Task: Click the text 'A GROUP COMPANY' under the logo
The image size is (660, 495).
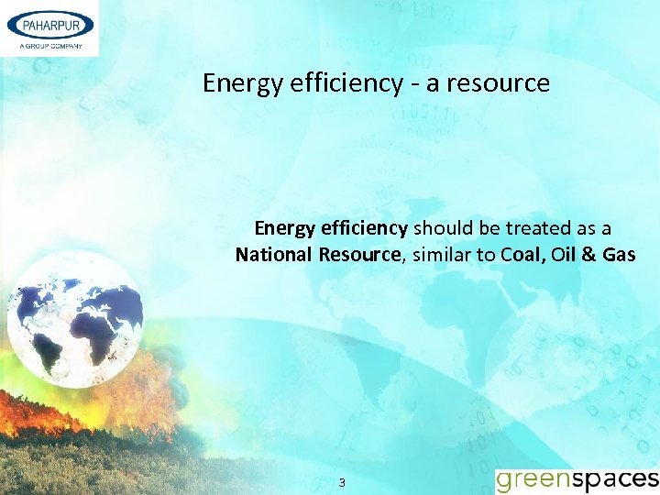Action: click(x=49, y=46)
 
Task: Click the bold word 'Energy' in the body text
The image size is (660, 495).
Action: click(x=284, y=227)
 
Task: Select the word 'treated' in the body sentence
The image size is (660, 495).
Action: click(x=516, y=227)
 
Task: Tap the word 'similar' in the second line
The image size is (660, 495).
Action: click(x=442, y=254)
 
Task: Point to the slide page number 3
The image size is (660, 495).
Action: click(x=342, y=482)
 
